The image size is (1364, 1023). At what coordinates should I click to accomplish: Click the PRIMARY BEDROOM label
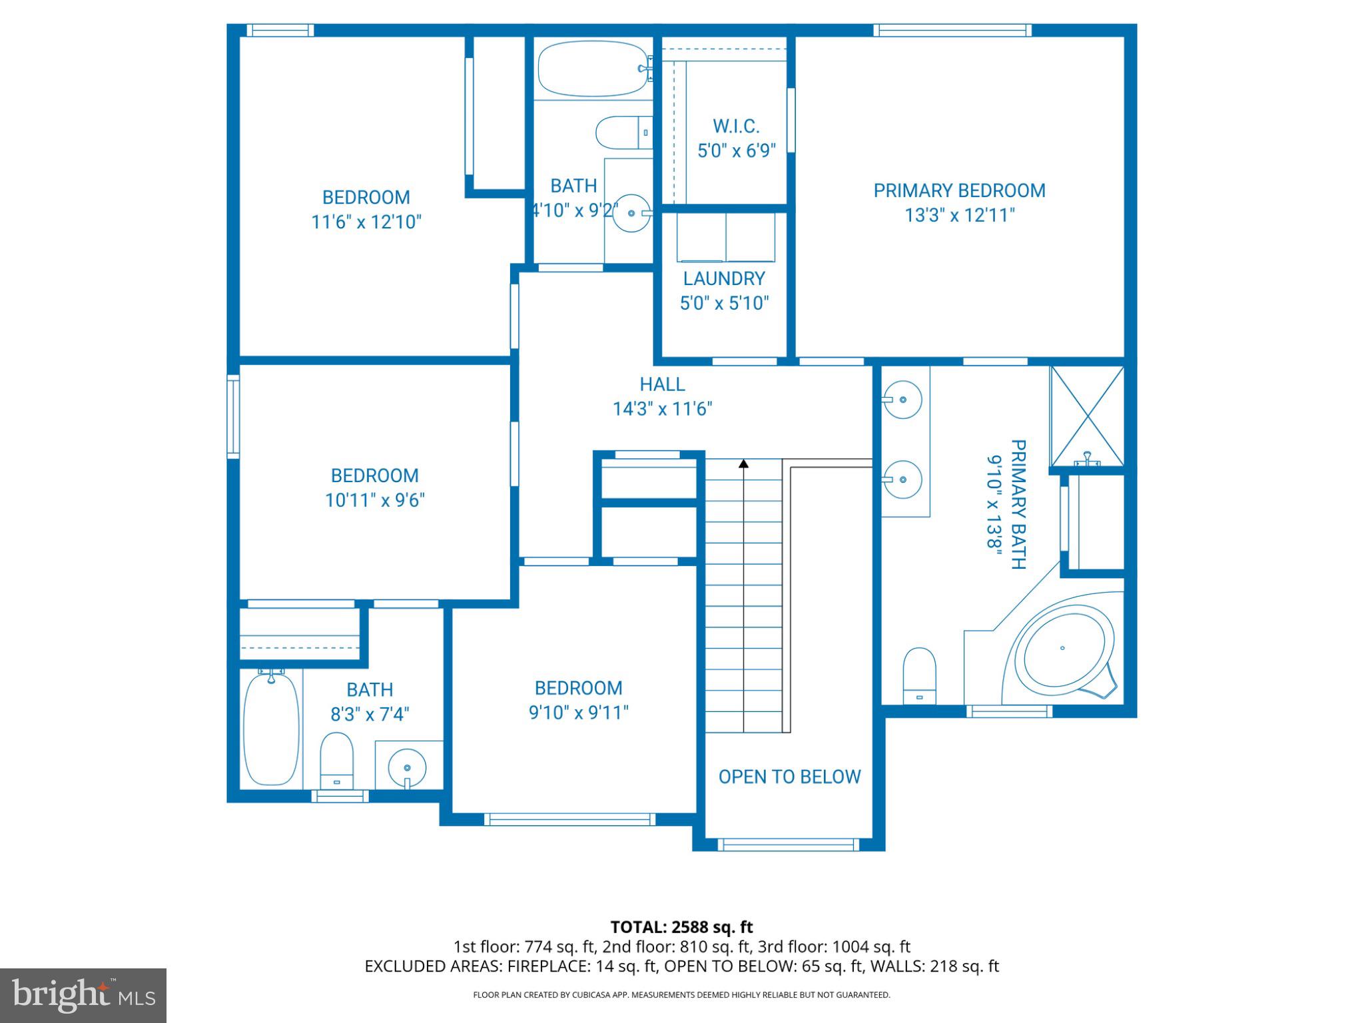pos(959,190)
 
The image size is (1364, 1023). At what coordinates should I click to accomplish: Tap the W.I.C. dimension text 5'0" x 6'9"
pos(737,151)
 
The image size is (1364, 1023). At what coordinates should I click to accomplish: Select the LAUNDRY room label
pos(724,278)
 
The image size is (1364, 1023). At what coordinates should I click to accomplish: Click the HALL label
pos(662,384)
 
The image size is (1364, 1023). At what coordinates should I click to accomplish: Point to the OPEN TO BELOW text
pos(789,777)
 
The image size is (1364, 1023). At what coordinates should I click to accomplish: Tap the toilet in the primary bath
pos(920,674)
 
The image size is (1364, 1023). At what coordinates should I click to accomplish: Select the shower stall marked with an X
pos(1087,415)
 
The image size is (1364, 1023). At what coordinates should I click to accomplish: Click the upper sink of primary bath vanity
pos(903,400)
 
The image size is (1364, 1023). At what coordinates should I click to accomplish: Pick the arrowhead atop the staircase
pos(743,463)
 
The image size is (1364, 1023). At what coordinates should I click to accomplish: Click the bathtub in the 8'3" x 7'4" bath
pos(270,729)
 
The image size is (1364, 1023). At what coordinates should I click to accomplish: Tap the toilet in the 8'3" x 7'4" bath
pos(336,759)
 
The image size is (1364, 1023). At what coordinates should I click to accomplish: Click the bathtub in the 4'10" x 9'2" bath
pos(592,68)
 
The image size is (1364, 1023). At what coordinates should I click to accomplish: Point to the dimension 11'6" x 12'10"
pos(366,222)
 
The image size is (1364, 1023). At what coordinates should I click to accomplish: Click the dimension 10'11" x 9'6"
pos(374,500)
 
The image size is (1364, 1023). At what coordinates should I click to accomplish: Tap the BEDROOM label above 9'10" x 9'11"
pos(578,688)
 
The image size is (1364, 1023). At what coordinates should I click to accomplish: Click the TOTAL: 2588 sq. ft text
pos(681,927)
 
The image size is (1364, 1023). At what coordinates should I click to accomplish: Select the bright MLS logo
pos(83,996)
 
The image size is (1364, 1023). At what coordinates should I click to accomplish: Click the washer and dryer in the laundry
pos(726,237)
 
